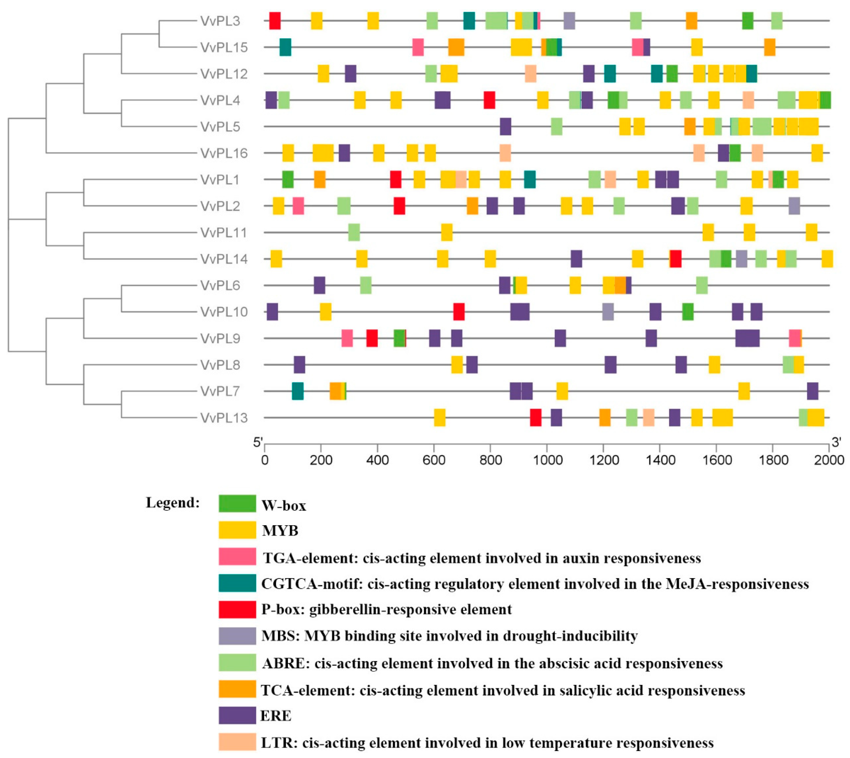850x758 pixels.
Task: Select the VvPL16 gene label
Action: [x=224, y=153]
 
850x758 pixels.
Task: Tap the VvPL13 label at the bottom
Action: [x=224, y=418]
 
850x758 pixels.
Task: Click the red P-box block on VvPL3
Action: [x=275, y=21]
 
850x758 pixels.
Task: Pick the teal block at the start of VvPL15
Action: [x=285, y=47]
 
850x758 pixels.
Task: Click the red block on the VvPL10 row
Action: [x=459, y=312]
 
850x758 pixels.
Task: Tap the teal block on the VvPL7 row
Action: [x=298, y=391]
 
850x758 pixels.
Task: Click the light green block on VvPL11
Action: [x=354, y=232]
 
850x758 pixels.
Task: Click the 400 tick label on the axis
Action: [x=377, y=460]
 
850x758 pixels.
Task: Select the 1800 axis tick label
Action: [x=773, y=460]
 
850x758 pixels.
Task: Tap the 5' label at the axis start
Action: [x=258, y=442]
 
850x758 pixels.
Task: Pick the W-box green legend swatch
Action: [x=237, y=504]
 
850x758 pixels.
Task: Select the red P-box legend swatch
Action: [x=237, y=609]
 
